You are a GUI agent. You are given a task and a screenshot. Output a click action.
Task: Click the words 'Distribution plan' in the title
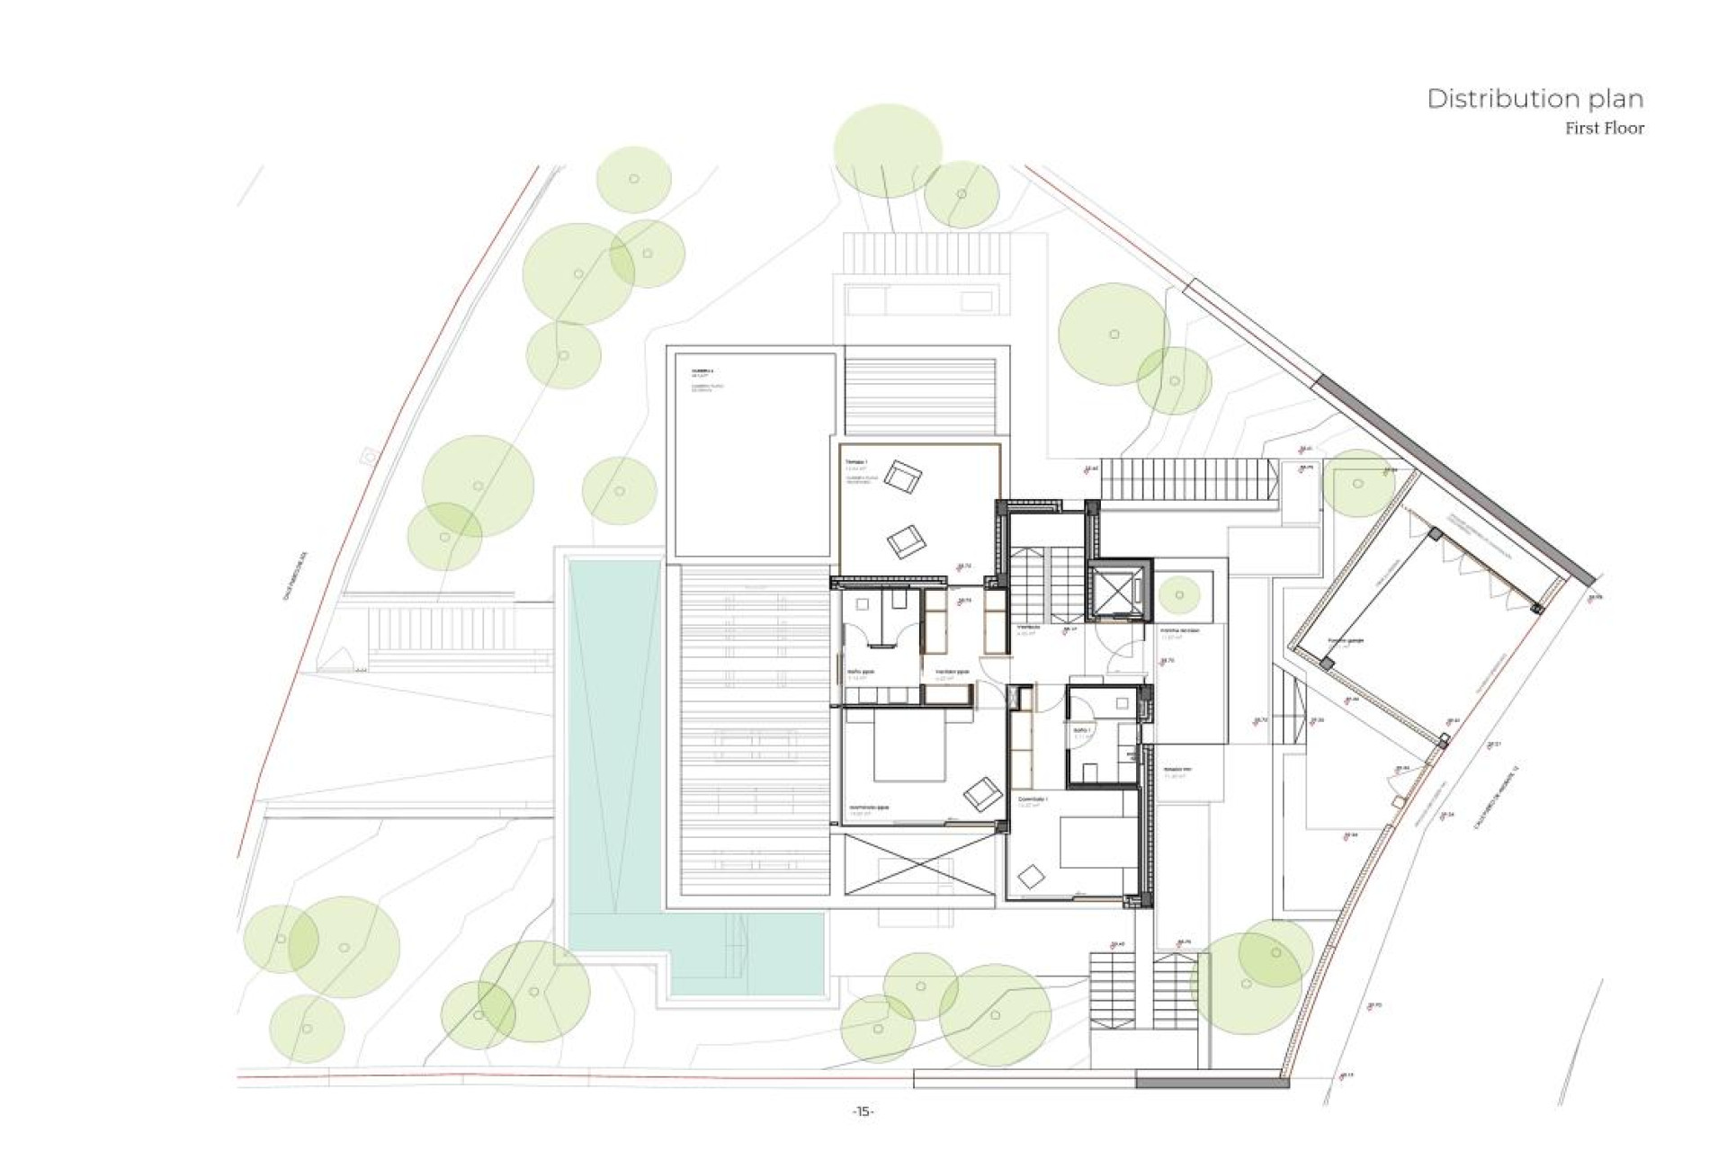pyautogui.click(x=1535, y=99)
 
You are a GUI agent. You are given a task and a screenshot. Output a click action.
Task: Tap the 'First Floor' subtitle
pyautogui.click(x=1604, y=129)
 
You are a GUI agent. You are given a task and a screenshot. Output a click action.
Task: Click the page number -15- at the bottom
pyautogui.click(x=863, y=1111)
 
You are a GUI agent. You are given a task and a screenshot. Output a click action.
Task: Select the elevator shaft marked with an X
pyautogui.click(x=1119, y=591)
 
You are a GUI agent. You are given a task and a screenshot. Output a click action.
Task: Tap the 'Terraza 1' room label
pyautogui.click(x=855, y=461)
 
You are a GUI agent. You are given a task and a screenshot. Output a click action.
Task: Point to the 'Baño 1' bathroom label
pyautogui.click(x=1081, y=730)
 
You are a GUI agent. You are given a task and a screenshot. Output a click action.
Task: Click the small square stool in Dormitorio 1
pyautogui.click(x=1031, y=874)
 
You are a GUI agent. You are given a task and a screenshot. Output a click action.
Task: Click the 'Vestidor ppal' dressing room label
pyautogui.click(x=952, y=672)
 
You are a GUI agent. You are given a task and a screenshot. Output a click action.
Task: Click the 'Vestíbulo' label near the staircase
pyautogui.click(x=1029, y=627)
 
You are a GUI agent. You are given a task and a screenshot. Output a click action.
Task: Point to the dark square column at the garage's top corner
pyautogui.click(x=1436, y=535)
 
